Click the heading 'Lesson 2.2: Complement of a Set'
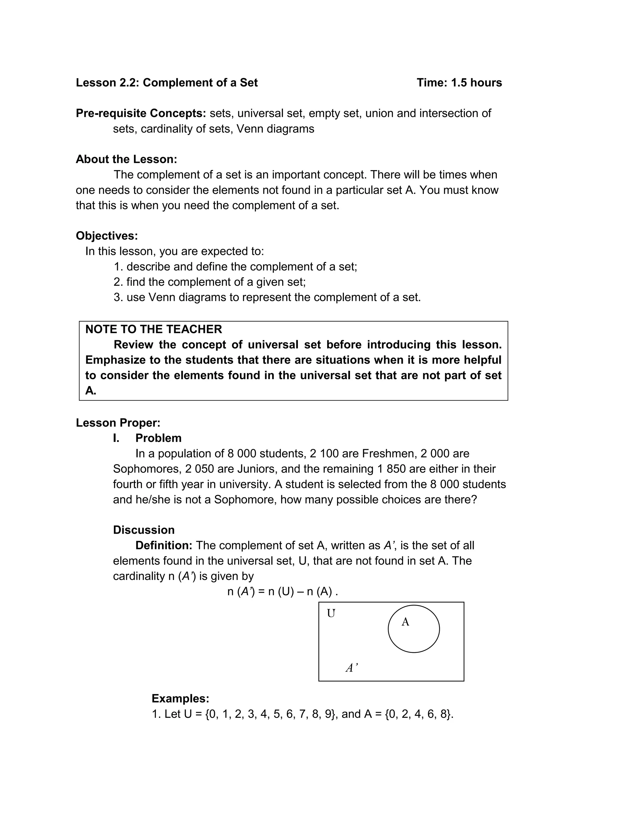tap(167, 83)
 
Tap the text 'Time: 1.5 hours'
tap(459, 83)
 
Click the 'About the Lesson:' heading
tap(126, 159)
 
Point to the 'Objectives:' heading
tap(107, 235)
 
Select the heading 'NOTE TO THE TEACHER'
tap(153, 329)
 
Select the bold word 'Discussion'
tap(144, 530)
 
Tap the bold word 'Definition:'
tap(164, 546)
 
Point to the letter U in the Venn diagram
tap(331, 613)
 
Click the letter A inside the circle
tap(405, 622)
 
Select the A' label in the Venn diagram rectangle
tap(351, 668)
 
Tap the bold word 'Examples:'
tap(180, 699)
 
